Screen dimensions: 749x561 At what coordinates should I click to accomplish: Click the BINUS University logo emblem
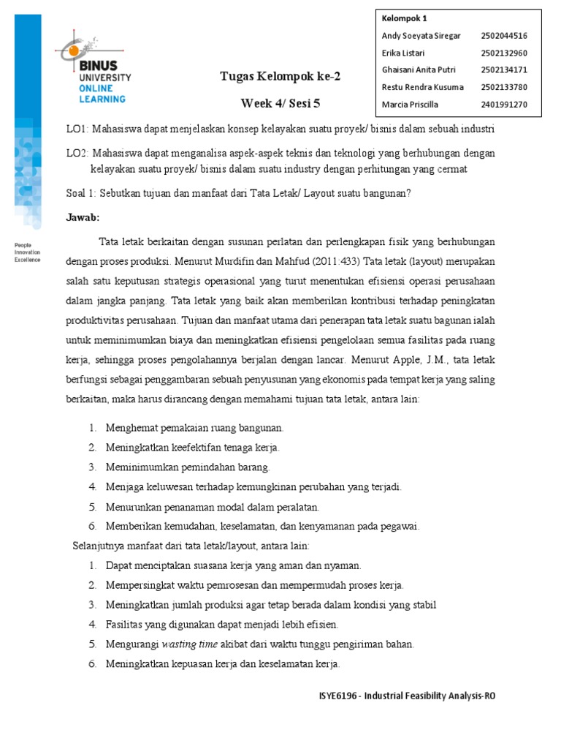click(74, 48)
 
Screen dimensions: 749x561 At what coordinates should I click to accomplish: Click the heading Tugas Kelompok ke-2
click(280, 76)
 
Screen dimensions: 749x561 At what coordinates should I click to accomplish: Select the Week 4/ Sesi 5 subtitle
click(280, 103)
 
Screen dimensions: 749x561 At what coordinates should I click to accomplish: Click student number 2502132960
click(504, 53)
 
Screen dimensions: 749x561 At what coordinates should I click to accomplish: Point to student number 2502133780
click(504, 87)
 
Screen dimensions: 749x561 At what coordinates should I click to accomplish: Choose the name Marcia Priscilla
click(410, 105)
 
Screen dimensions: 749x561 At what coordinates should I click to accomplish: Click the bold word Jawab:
click(83, 217)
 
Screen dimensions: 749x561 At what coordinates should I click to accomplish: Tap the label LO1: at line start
click(77, 129)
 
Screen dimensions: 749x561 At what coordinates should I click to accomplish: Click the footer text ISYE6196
click(332, 696)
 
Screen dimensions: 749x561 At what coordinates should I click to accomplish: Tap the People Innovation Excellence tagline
click(28, 252)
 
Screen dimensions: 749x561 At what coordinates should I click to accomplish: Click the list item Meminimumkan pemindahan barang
click(188, 467)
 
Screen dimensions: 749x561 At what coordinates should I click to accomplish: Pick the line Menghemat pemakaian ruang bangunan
click(194, 427)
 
